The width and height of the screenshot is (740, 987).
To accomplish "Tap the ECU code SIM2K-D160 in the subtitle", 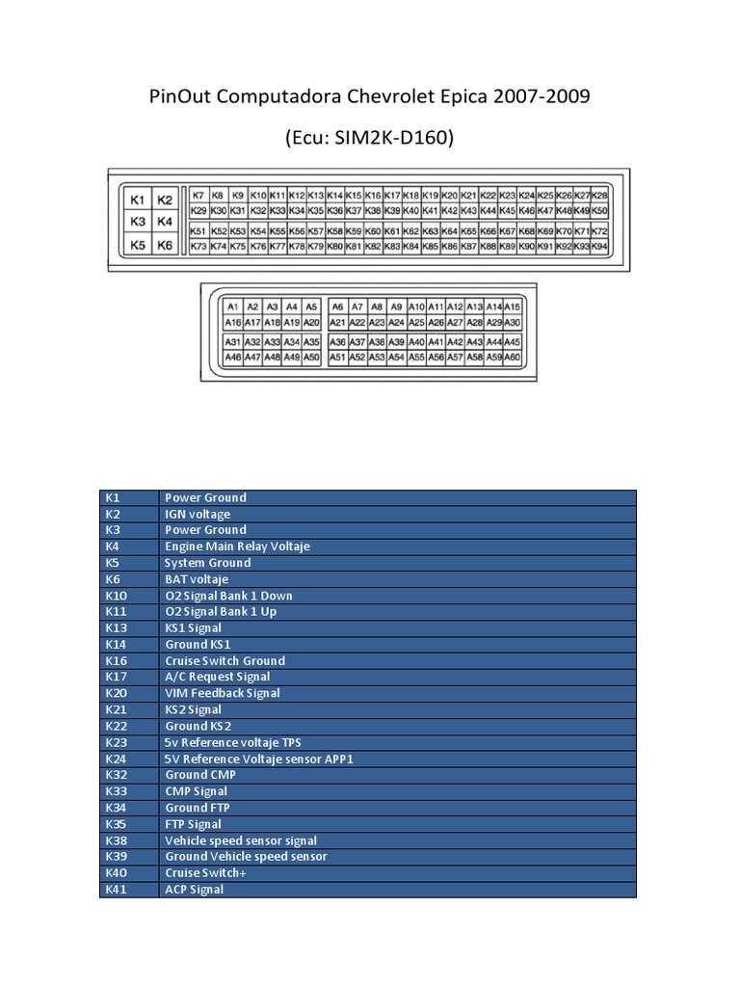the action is (382, 139).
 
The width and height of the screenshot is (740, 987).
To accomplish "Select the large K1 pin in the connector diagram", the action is (137, 200).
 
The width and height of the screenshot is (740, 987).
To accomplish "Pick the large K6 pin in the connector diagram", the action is (165, 246).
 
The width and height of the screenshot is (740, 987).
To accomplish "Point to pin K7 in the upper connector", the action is (198, 195).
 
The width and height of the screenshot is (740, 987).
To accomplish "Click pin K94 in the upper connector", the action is (599, 247).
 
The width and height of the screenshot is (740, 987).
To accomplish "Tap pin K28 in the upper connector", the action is (599, 195).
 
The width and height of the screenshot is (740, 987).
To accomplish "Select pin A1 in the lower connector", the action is (232, 307).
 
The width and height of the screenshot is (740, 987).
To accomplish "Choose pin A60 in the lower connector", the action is (513, 358).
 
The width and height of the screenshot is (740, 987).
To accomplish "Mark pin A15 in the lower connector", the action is (513, 307).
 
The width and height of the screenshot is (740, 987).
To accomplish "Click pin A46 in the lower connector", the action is (232, 358).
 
